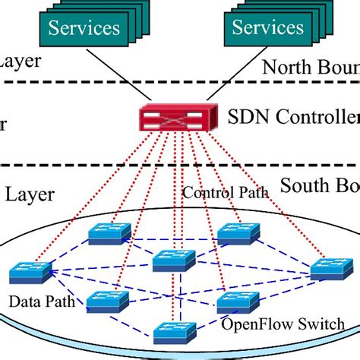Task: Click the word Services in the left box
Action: (84, 29)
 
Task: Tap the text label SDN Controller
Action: (292, 118)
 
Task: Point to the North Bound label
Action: (310, 67)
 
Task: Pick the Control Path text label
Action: (225, 192)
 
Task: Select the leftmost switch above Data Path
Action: (30, 272)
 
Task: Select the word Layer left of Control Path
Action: (30, 194)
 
